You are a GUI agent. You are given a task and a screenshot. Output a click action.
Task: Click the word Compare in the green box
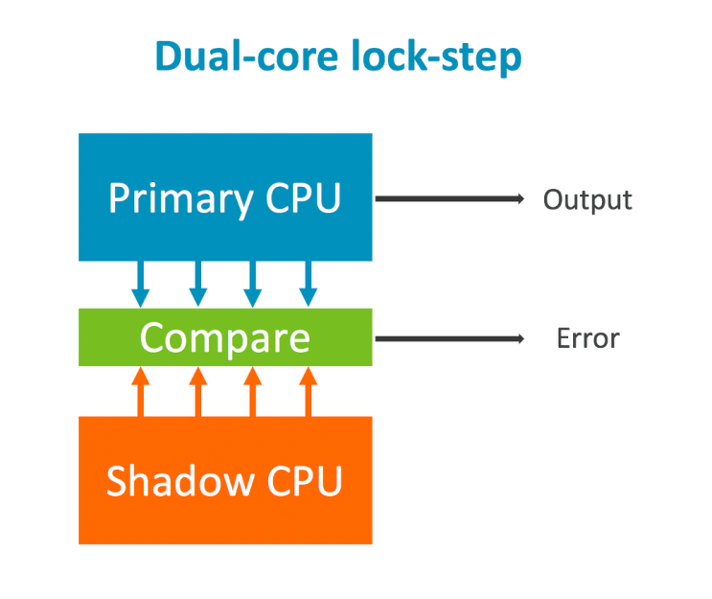225,338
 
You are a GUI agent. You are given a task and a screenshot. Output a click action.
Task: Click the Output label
587,199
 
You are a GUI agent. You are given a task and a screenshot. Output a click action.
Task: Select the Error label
587,338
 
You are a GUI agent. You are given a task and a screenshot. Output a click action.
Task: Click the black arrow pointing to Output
448,199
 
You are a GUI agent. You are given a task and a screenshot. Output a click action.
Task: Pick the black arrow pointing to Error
448,338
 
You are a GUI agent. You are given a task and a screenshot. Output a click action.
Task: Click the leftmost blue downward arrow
142,285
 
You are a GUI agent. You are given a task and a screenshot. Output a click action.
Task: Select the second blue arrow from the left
197,285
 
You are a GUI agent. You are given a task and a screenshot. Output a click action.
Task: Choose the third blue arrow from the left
253,285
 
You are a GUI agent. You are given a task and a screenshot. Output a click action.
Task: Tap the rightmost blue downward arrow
309,285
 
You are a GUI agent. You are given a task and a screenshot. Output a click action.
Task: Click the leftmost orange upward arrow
142,392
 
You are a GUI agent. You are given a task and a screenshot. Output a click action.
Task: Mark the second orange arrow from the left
197,392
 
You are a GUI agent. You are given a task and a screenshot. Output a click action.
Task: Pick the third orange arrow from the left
253,392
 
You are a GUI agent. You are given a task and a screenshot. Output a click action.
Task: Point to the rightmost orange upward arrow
309,392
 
